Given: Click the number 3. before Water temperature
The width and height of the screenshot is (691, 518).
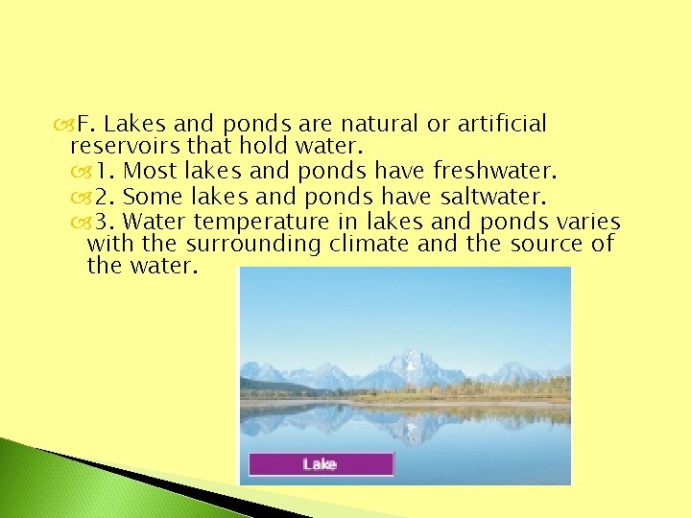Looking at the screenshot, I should click(107, 223).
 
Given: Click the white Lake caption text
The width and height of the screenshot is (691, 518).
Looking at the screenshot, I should click(320, 464).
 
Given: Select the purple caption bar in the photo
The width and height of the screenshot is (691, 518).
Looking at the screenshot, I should click(365, 464).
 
